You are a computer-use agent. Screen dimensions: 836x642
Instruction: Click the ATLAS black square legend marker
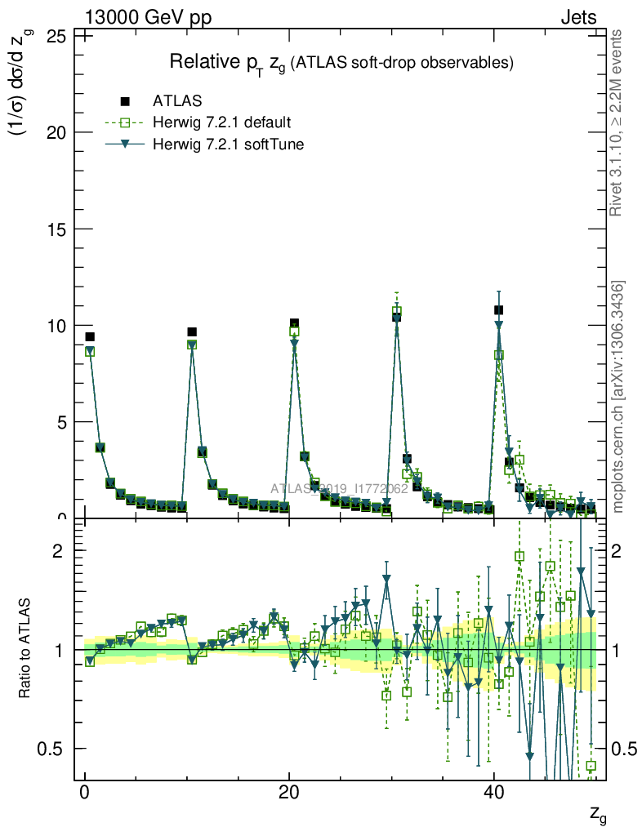point(125,101)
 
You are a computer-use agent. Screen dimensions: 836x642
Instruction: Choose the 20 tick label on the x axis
point(288,794)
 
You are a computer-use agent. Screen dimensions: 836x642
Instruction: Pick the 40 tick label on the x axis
point(493,794)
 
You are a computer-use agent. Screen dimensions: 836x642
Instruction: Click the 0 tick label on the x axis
point(84,794)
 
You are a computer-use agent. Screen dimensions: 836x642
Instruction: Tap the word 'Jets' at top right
point(577,16)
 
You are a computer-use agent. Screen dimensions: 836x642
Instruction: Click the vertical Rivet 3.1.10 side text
point(617,122)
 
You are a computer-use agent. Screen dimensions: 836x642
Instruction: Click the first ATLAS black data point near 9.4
point(90,336)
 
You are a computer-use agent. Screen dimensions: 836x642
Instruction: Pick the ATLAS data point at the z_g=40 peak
point(498,310)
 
